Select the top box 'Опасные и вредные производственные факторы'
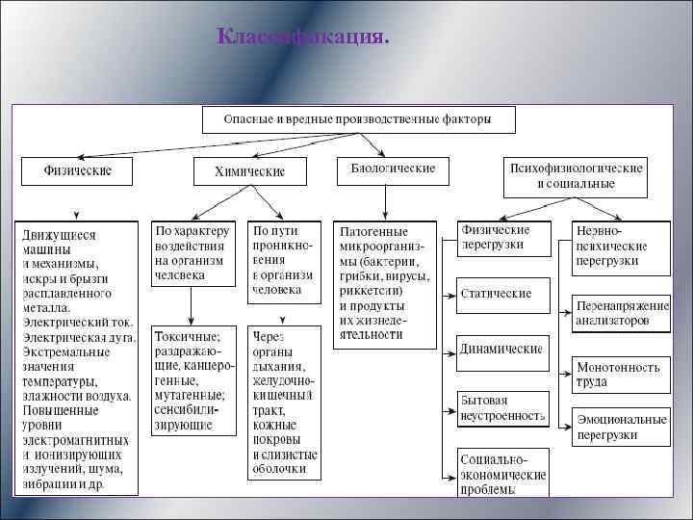(358, 119)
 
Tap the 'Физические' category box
(77, 171)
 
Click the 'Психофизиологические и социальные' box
(576, 175)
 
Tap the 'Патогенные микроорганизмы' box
(384, 284)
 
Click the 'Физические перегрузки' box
(503, 238)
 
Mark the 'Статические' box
(502, 293)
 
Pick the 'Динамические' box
(502, 350)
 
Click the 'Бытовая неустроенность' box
(502, 408)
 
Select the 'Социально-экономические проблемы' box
(502, 473)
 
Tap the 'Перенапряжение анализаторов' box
(621, 313)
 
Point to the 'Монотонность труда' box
(621, 374)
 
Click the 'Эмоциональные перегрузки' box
(621, 427)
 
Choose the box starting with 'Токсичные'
(193, 379)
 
